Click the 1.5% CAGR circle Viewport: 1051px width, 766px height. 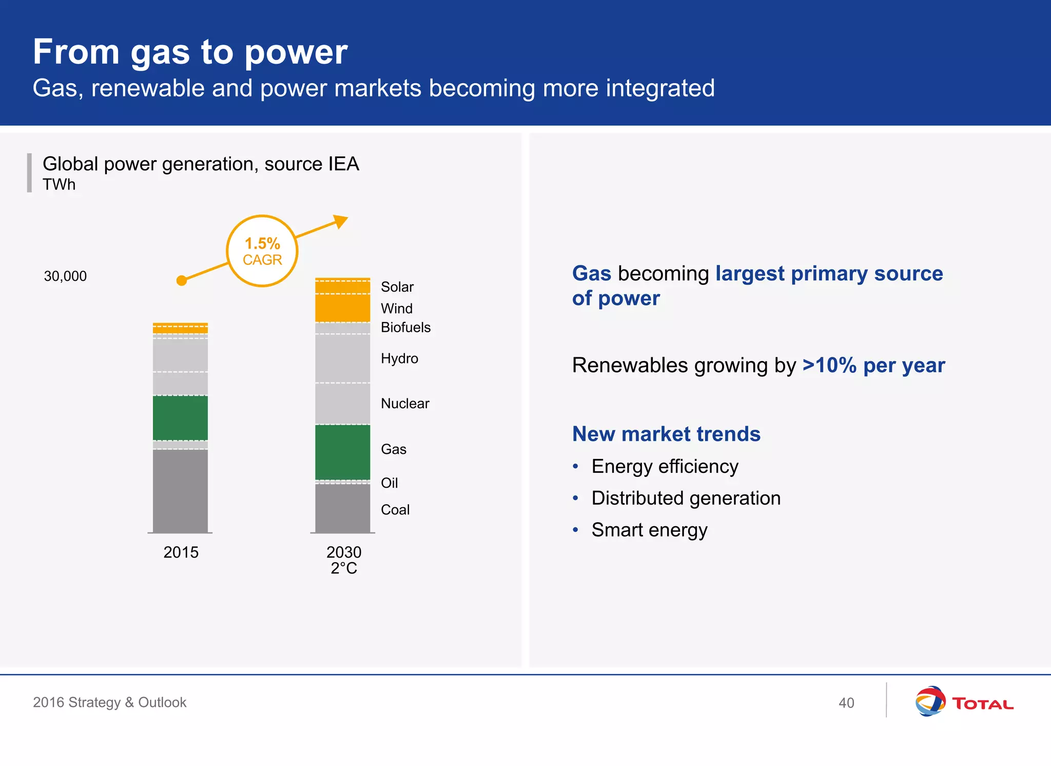point(262,251)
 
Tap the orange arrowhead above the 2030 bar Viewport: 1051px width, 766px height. point(340,222)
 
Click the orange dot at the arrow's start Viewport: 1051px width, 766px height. point(181,280)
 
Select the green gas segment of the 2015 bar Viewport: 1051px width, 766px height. point(180,417)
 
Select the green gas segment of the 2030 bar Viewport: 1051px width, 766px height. point(342,452)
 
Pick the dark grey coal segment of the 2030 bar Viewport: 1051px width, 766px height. point(342,508)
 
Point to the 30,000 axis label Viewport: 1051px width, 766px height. point(65,276)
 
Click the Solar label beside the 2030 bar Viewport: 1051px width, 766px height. point(397,287)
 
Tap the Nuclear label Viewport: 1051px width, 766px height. point(404,404)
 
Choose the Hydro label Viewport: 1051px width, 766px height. point(399,358)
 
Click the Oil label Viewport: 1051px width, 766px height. point(389,483)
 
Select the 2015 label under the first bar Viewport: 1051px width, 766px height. point(181,552)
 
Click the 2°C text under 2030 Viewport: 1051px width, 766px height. point(343,568)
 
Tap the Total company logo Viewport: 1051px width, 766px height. point(964,702)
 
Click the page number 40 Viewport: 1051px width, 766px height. point(846,703)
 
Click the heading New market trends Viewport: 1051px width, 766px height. point(666,434)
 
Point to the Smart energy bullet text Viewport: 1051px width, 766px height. point(649,530)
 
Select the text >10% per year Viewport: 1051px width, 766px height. point(873,366)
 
